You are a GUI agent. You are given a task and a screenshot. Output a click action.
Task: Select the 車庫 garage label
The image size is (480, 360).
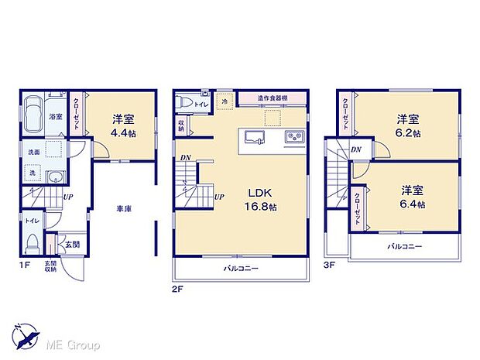[122, 208]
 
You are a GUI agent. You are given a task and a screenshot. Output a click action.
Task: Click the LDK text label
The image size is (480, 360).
[258, 193]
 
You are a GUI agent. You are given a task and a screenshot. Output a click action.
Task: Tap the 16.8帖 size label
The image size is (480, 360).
[258, 207]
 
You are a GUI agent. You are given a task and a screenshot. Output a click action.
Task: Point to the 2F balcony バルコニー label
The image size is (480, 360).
[242, 269]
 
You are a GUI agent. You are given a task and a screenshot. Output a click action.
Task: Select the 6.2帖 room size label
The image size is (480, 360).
[409, 133]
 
